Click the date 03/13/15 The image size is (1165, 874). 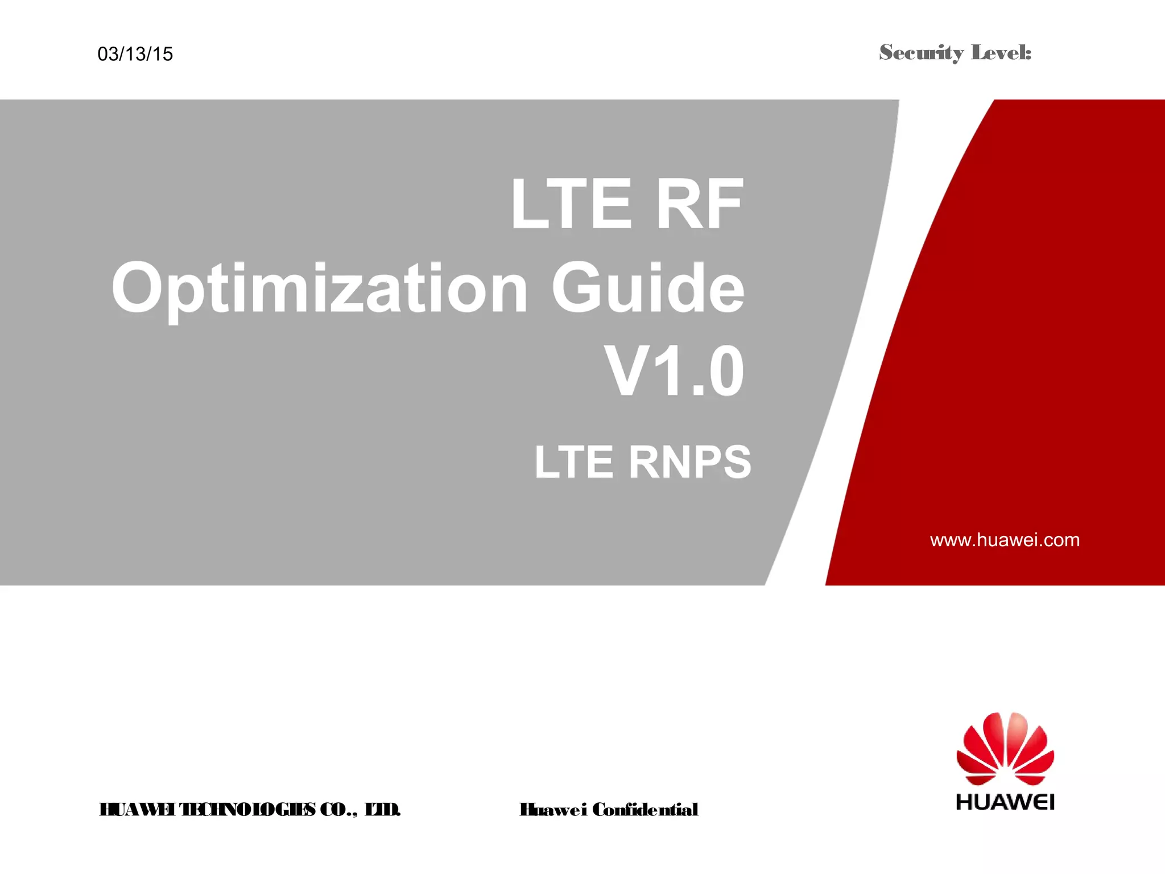135,54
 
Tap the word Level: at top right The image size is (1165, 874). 1001,52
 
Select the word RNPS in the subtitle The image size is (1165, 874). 690,462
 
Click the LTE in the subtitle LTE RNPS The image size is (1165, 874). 574,462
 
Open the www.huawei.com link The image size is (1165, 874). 1005,539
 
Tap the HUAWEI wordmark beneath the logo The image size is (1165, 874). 1005,802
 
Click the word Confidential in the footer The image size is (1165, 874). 645,809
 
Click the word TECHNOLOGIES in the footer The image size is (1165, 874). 247,809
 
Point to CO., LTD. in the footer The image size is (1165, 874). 360,809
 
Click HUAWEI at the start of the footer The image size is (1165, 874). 137,809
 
